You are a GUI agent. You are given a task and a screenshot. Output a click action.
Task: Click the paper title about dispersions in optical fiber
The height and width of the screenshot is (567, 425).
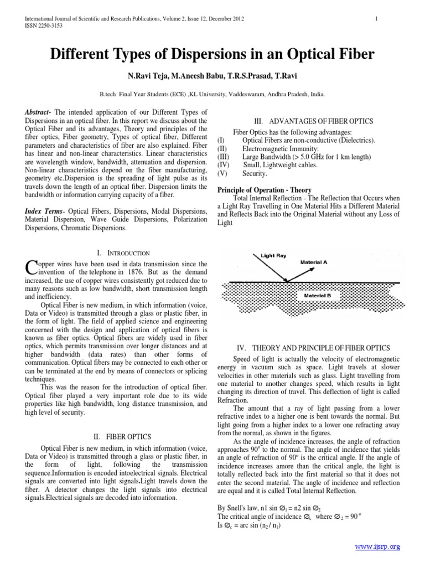[x=212, y=54]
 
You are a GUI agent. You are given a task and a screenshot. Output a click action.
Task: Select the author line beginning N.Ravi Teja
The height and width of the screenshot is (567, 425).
[x=212, y=75]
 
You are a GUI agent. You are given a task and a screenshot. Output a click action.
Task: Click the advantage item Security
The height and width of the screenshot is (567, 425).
[x=255, y=173]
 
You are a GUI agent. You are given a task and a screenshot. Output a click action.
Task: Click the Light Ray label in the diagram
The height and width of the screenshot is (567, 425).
[x=273, y=256]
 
